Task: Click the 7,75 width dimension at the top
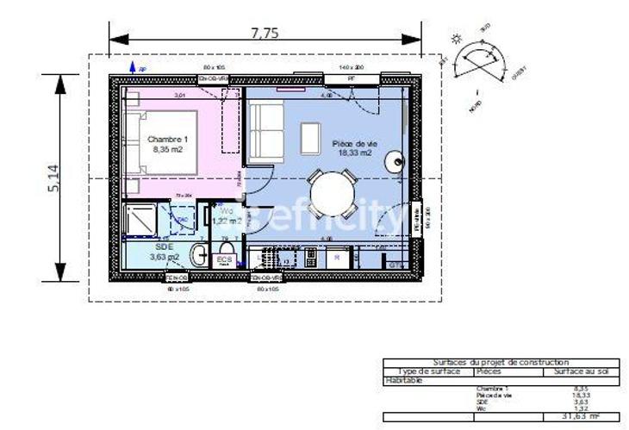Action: coord(265,34)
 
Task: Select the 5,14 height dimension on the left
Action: coord(53,177)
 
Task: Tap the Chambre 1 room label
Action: coord(168,139)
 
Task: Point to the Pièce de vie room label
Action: coord(352,143)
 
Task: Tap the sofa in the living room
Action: coord(265,132)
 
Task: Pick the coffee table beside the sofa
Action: coord(310,137)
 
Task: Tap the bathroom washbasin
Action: coord(197,255)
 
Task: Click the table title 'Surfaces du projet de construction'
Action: coord(501,363)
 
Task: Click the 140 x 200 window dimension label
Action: coord(352,66)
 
